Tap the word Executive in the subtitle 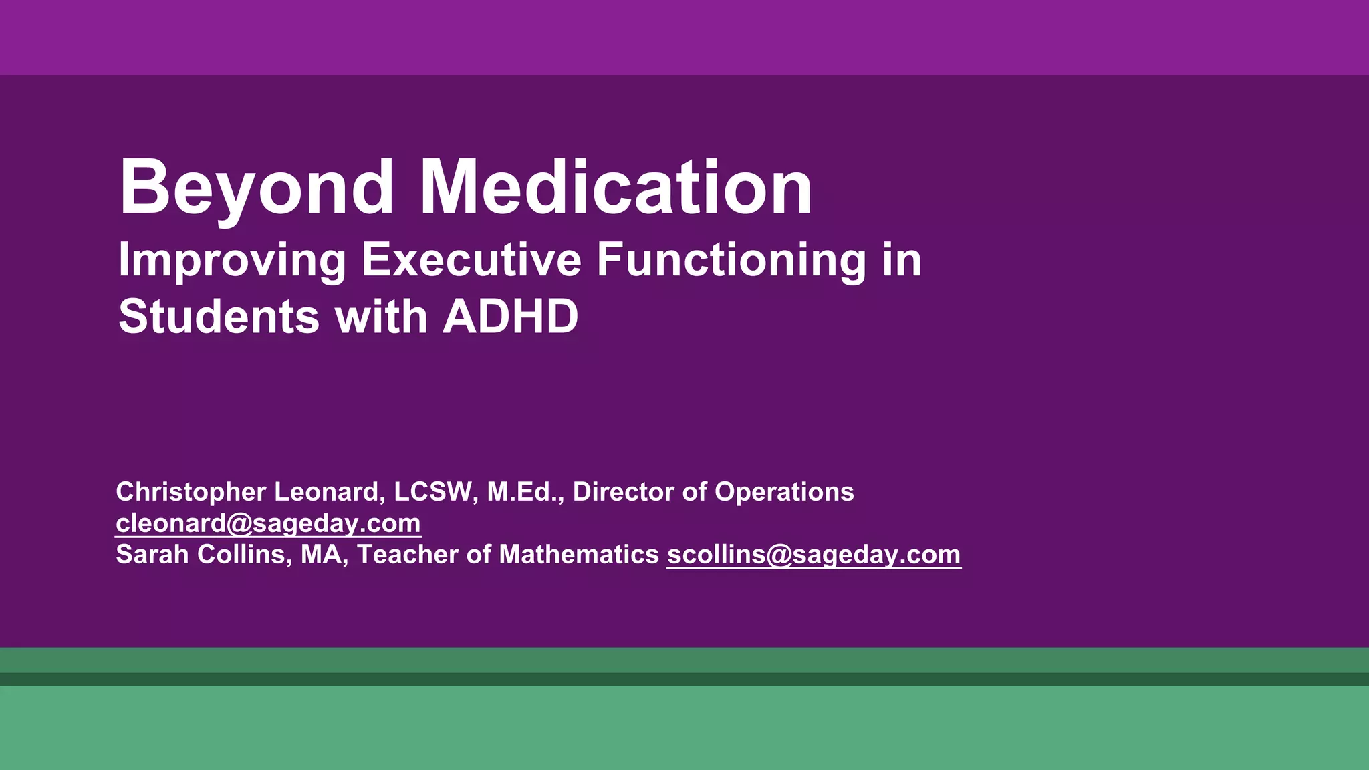[471, 260]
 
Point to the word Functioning [731, 260]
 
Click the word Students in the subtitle [219, 317]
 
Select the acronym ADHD [510, 317]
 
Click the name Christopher [191, 493]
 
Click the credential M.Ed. [524, 493]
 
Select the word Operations [784, 493]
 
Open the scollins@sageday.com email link [814, 555]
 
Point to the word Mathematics [579, 555]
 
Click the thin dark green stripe [684, 679]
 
